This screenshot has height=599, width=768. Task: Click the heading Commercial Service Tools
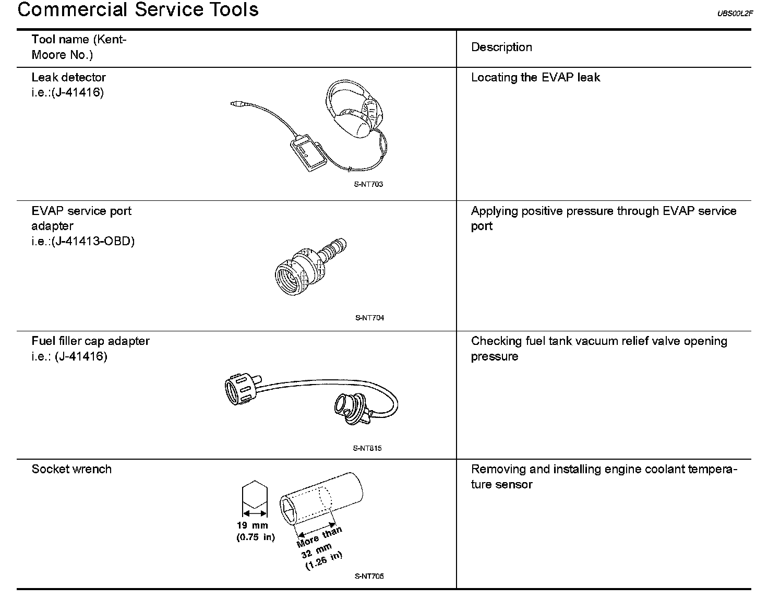[138, 10]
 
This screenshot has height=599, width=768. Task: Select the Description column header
[501, 47]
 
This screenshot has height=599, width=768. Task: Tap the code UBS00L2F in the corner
[735, 14]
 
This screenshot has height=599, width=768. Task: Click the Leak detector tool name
[68, 78]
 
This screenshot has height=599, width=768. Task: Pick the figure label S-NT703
[368, 184]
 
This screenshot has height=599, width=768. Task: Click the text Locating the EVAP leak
[535, 78]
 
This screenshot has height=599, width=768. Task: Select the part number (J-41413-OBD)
[93, 242]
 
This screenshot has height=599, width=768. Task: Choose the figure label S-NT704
[369, 318]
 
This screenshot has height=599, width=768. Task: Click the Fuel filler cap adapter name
[90, 341]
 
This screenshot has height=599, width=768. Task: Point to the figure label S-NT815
[367, 448]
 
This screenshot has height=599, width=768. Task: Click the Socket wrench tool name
[71, 469]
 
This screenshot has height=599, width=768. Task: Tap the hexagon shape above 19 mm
[255, 496]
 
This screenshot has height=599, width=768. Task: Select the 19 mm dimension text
[252, 526]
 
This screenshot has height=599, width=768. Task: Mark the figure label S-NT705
[369, 577]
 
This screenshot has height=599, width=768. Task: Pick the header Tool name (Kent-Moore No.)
[79, 47]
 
